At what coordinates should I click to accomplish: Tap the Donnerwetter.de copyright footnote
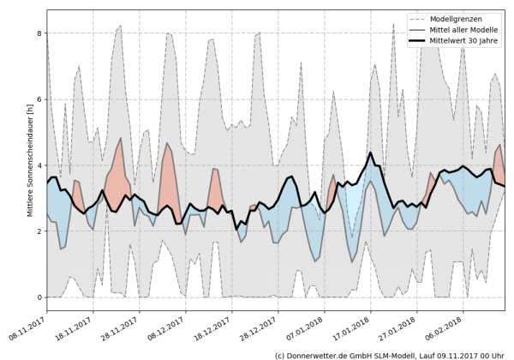pos(389,354)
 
